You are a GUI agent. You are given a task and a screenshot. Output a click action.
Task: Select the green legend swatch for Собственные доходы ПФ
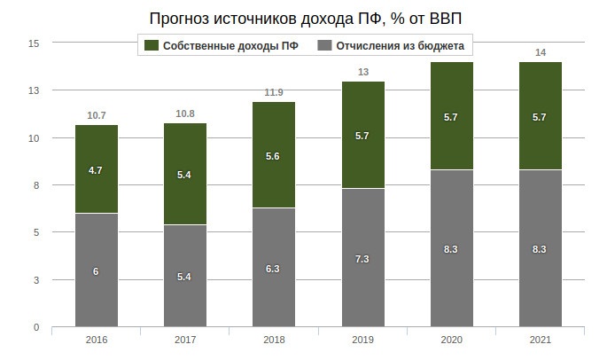point(150,45)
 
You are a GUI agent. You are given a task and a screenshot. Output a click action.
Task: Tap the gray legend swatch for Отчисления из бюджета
point(324,45)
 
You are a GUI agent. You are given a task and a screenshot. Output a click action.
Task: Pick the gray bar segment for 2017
point(185,276)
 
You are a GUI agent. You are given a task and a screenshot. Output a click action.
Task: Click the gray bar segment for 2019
point(362,257)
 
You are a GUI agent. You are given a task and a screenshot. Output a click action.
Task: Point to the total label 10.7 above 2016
point(97,115)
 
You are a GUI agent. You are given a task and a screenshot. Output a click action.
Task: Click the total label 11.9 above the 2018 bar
point(274,92)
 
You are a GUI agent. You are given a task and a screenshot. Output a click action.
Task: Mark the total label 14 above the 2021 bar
point(540,53)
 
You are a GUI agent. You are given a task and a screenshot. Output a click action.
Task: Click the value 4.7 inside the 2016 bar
point(97,169)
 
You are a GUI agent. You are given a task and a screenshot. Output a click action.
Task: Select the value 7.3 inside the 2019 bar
point(362,258)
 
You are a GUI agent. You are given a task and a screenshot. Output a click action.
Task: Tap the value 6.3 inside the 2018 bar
point(274,268)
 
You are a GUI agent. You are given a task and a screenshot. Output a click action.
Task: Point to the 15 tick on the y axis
point(34,43)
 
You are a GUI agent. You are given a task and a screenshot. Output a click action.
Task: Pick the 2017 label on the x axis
point(185,339)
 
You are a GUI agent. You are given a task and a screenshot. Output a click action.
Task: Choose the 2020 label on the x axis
point(451,339)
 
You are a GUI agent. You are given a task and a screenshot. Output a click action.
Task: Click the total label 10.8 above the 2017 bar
point(185,114)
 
